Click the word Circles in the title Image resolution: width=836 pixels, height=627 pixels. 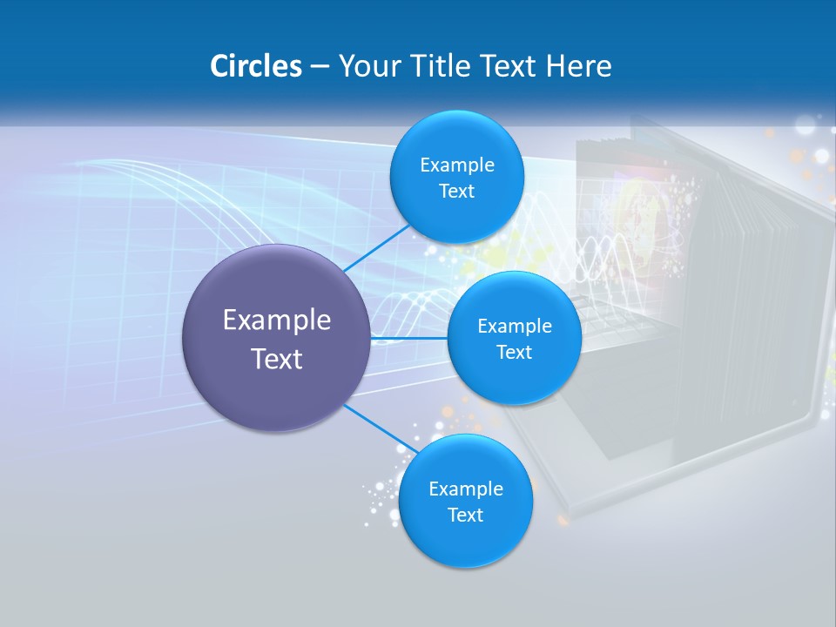click(x=255, y=66)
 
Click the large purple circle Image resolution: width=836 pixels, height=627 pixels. click(x=277, y=392)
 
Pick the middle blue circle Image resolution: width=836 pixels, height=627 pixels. click(x=514, y=379)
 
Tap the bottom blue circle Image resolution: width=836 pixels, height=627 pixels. click(x=465, y=540)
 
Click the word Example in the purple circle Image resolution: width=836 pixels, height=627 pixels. click(x=277, y=320)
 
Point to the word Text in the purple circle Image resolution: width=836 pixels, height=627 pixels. click(x=277, y=359)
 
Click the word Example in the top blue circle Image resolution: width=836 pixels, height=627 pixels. click(x=456, y=165)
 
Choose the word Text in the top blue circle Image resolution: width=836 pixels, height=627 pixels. click(x=456, y=192)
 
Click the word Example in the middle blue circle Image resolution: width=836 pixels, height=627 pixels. click(x=514, y=327)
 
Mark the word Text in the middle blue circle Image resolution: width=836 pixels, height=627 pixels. click(x=514, y=353)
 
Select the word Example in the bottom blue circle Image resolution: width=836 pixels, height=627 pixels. click(x=465, y=489)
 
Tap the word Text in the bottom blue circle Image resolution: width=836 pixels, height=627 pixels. click(x=465, y=516)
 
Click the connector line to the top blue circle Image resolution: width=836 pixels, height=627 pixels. click(x=376, y=247)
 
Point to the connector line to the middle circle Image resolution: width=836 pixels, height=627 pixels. click(x=409, y=338)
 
